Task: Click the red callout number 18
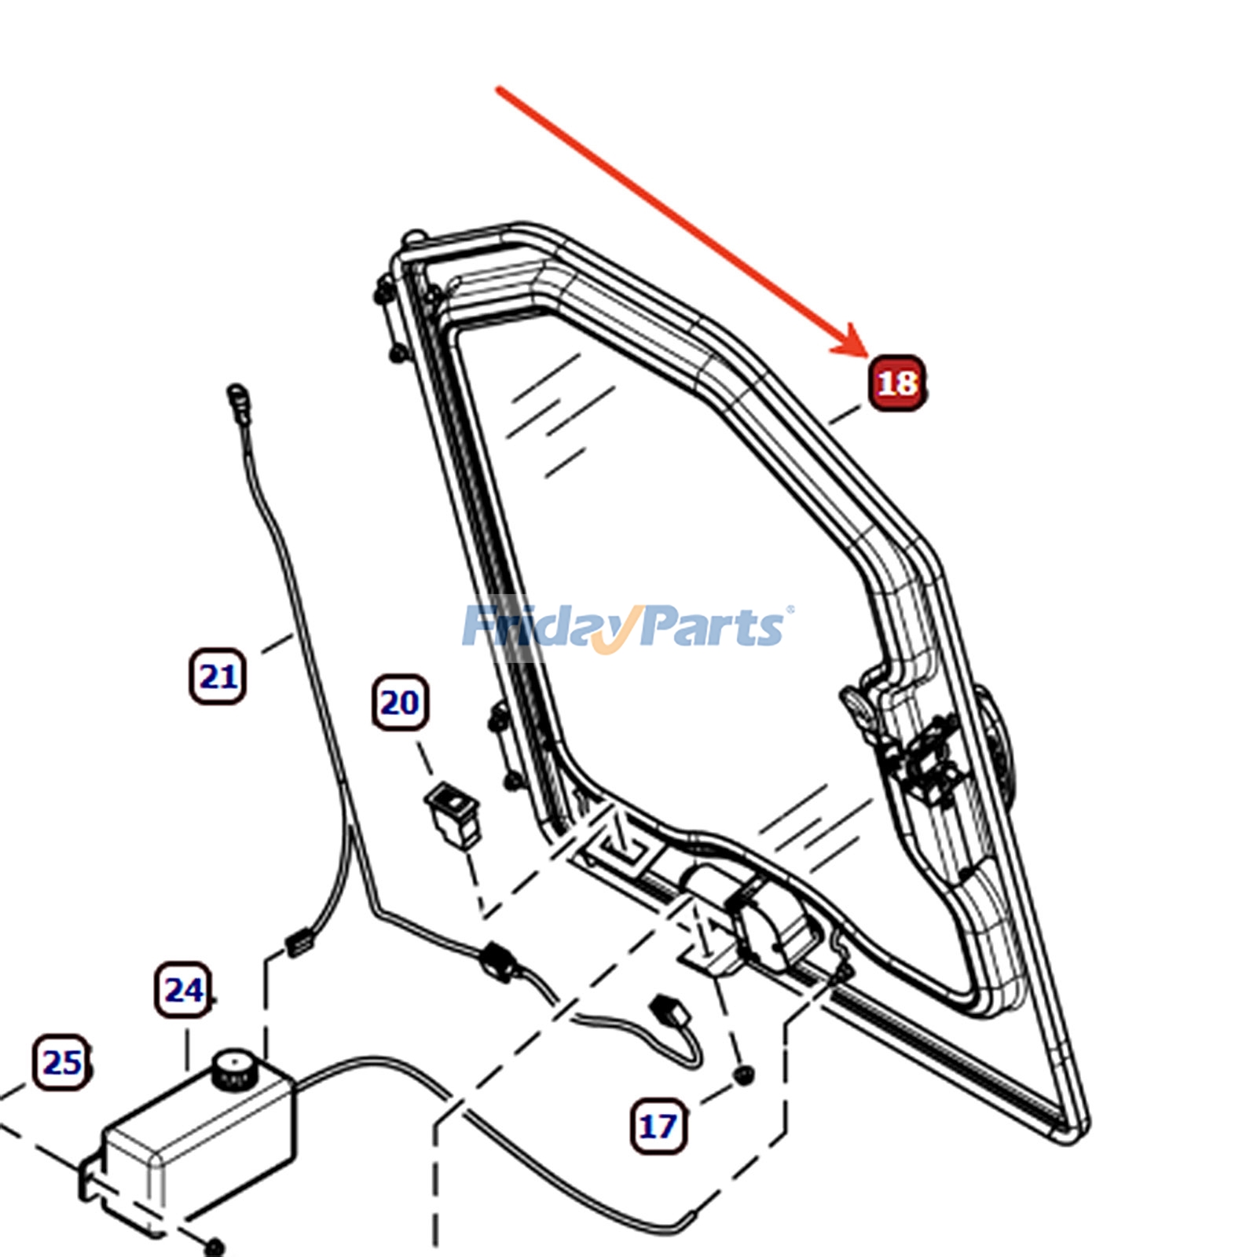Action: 896,383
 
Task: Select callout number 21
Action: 218,676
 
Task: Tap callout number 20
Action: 400,702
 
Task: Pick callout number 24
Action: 183,990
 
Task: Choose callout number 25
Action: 62,1062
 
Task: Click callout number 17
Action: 658,1127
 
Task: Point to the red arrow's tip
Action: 867,355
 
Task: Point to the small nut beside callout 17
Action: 742,1074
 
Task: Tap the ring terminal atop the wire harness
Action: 236,396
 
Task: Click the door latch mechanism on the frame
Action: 927,766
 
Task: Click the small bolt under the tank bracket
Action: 213,1247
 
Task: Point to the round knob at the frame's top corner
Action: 412,236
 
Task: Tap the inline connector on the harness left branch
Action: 299,941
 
